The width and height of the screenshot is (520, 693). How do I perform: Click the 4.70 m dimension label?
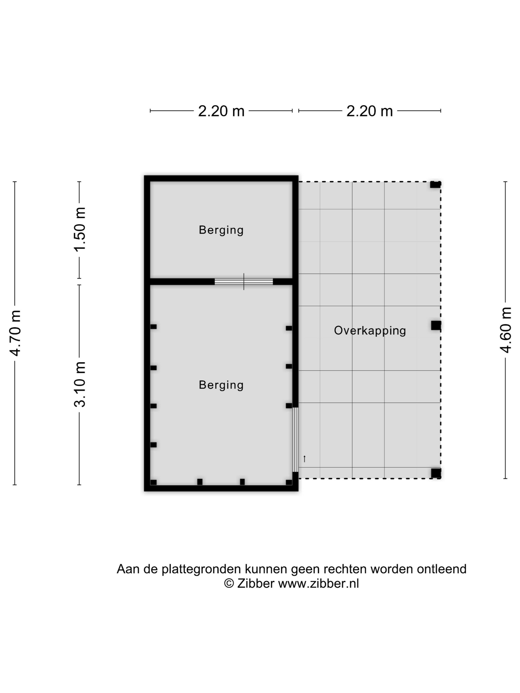[x=16, y=333]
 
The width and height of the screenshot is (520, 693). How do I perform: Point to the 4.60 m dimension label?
[x=506, y=330]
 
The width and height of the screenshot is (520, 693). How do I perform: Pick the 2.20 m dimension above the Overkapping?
[x=369, y=111]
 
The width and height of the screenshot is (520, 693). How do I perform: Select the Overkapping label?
[x=370, y=330]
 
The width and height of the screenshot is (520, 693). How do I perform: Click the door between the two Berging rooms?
[x=244, y=281]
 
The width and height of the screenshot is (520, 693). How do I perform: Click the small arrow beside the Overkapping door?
[x=304, y=459]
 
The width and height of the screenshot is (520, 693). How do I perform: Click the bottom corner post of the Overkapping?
[x=436, y=473]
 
